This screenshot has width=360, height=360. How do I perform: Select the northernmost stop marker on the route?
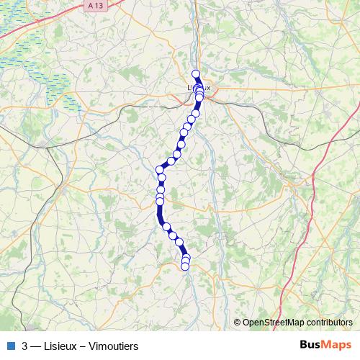click(195, 73)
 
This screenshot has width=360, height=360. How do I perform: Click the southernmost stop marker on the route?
click(185, 266)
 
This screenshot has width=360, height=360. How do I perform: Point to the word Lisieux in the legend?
click(59, 345)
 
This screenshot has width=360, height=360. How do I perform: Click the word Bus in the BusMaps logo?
click(312, 344)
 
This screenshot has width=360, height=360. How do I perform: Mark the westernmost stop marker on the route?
click(159, 170)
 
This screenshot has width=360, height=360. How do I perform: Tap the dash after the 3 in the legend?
click(35, 345)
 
